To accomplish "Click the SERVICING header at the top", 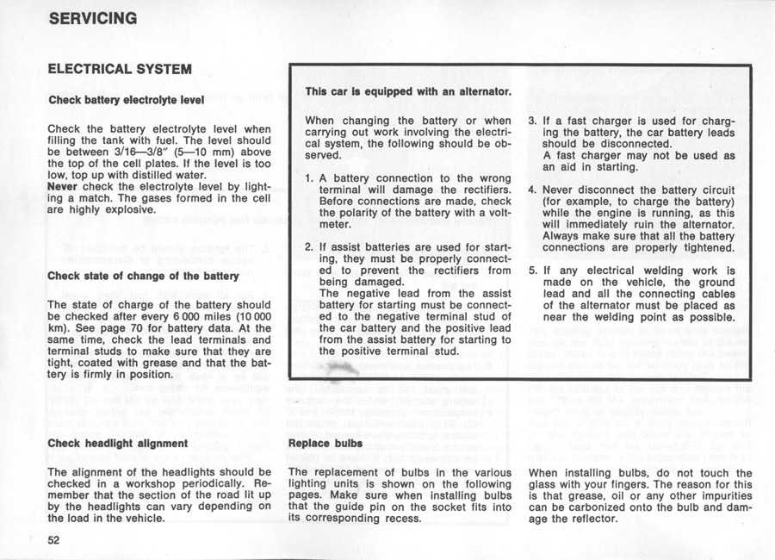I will pyautogui.click(x=92, y=18).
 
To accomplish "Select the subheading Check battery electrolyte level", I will pyautogui.click(x=126, y=100).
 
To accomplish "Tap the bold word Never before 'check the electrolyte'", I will pyautogui.click(x=63, y=185).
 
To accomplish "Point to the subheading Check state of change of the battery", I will pyautogui.click(x=143, y=276).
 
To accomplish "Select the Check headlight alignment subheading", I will pyautogui.click(x=117, y=444).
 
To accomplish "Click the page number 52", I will pyautogui.click(x=54, y=539).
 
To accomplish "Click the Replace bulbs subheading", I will pyautogui.click(x=325, y=444).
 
